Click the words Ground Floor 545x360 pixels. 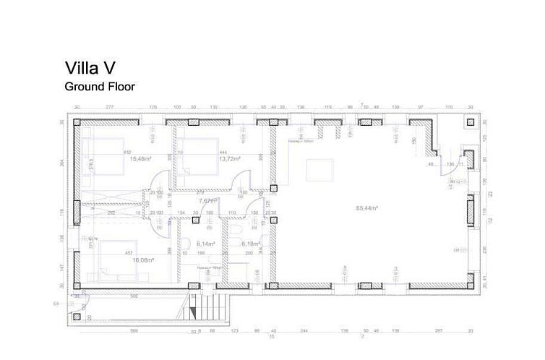[x=100, y=86]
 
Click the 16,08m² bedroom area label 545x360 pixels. [x=140, y=258]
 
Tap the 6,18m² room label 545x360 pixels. [x=249, y=244]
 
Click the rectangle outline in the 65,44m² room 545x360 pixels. [x=318, y=170]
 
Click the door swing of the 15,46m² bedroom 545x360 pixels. [x=160, y=179]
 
